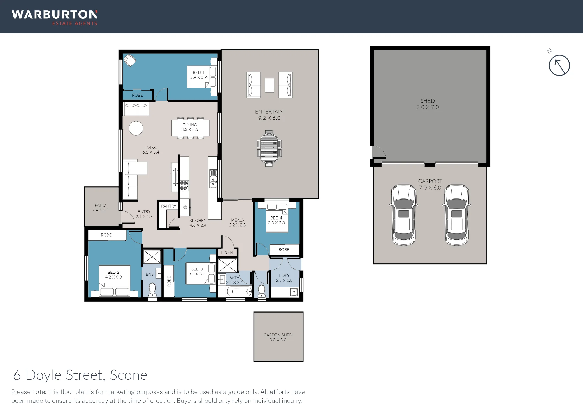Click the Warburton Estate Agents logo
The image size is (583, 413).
[x=55, y=18]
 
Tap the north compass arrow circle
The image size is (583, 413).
[x=559, y=65]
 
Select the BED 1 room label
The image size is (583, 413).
[x=199, y=75]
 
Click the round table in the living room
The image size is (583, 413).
[x=136, y=128]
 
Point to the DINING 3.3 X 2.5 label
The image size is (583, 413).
[x=190, y=127]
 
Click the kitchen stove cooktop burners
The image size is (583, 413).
[x=184, y=185]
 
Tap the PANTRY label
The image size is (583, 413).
[x=169, y=206]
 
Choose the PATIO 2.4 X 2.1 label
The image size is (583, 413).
[x=100, y=208]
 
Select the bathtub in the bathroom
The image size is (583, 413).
[x=239, y=291]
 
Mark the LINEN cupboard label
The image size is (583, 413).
[x=227, y=252]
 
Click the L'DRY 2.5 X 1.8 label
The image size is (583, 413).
[x=284, y=278]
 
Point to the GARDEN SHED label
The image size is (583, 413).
[x=278, y=337]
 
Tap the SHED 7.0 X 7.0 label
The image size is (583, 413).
[x=428, y=104]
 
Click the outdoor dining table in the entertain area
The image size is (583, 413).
[x=269, y=149]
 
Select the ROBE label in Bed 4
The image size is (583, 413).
[x=284, y=250]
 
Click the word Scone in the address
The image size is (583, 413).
[x=129, y=375]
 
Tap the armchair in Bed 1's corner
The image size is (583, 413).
[x=130, y=61]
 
